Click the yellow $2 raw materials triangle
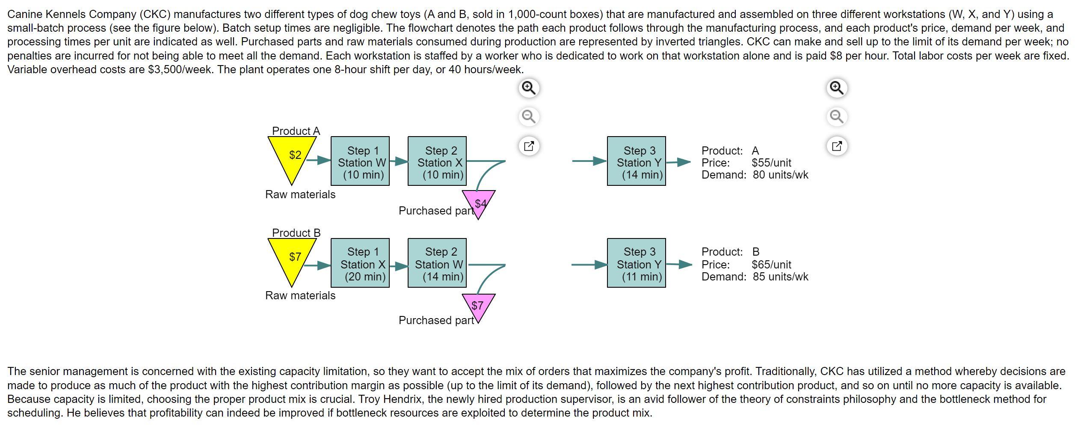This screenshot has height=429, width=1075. pyautogui.click(x=293, y=156)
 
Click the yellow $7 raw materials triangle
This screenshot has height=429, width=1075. pyautogui.click(x=293, y=258)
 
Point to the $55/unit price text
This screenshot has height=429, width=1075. pyautogui.click(x=771, y=163)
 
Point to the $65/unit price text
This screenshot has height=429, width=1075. pyautogui.click(x=771, y=265)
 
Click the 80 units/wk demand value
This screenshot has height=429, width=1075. pyautogui.click(x=780, y=175)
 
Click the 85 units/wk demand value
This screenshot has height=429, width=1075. pyautogui.click(x=780, y=277)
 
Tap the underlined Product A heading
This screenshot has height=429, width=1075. pyautogui.click(x=296, y=131)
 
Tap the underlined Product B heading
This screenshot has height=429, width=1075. pyautogui.click(x=296, y=233)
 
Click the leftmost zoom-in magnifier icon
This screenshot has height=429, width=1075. pyautogui.click(x=529, y=88)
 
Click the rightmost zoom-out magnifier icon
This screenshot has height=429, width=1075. pyautogui.click(x=837, y=116)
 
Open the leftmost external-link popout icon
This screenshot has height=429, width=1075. pyautogui.click(x=529, y=146)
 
